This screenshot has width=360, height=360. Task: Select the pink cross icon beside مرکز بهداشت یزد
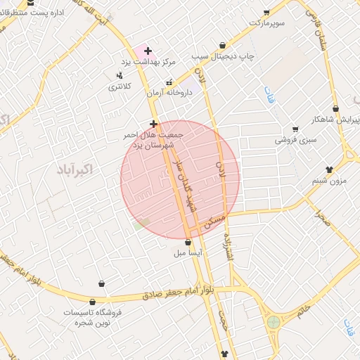148,51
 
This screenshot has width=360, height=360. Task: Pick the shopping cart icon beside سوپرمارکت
266,12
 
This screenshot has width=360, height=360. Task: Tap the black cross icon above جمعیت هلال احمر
153,124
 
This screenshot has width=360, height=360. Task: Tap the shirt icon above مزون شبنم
329,169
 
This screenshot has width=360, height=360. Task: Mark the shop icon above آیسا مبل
187,243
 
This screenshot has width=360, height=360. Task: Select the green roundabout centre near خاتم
273,323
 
